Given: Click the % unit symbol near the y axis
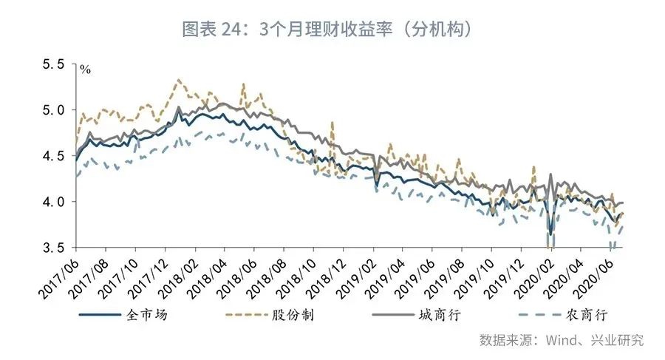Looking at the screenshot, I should click(86, 70).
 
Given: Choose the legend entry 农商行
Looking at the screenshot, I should click(587, 316).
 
